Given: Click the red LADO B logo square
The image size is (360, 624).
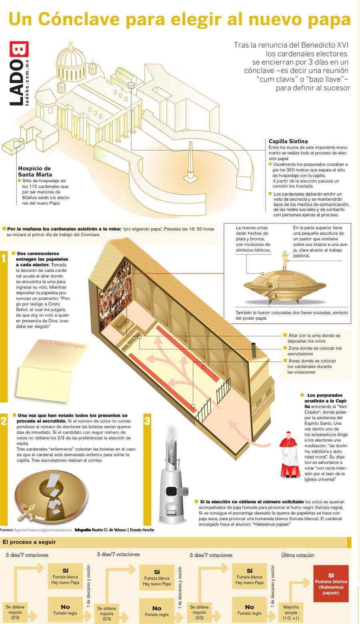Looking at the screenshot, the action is pos(19,49).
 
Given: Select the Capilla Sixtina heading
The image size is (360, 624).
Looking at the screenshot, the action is pos(288,141).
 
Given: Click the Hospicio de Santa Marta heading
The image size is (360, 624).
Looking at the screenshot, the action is pos(35,171).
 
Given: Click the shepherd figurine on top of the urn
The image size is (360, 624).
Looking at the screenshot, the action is pos(284,261).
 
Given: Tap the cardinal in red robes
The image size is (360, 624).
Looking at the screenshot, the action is pos(290,455).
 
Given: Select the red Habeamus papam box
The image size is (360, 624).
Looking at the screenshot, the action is pos(331,584).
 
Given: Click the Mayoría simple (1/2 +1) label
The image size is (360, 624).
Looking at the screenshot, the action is pos(291,612).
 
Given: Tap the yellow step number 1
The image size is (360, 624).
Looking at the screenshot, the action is pos(4,259).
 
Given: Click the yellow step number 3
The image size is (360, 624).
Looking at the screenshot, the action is pos(147,421).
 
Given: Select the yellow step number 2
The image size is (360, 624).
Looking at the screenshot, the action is pos(4,421).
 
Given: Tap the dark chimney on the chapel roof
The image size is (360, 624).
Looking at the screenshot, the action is pos(254,351).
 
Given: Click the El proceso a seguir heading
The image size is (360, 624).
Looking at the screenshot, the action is pos(29,542).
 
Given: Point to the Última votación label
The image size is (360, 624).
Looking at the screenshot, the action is pos(298,555).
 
